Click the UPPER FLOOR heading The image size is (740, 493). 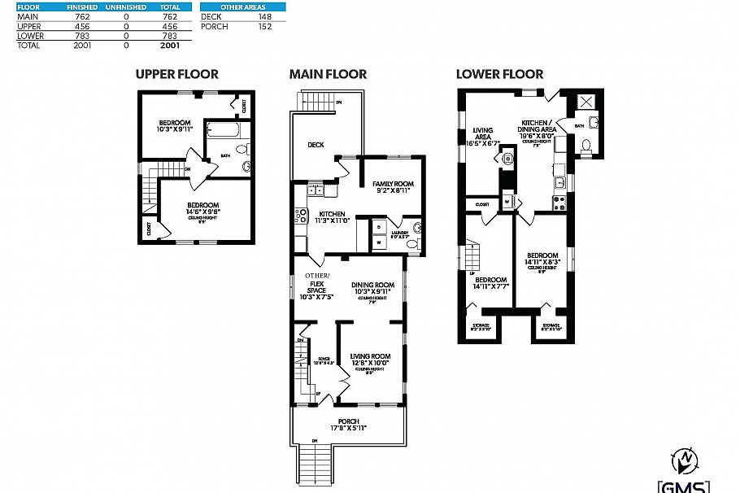click(x=176, y=74)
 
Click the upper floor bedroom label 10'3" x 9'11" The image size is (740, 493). click(x=175, y=126)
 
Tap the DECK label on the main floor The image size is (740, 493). click(x=316, y=145)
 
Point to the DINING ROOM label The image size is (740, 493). click(x=372, y=288)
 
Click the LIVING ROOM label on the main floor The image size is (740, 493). click(x=371, y=360)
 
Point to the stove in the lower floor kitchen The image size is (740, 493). click(x=559, y=203)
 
